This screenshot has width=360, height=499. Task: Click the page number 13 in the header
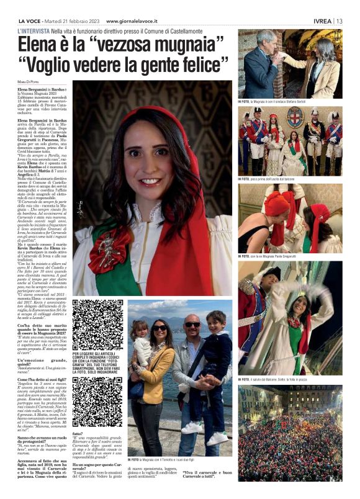coord(339,20)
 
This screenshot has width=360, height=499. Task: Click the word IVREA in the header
coord(322,20)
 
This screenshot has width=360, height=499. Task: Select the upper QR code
coord(97,324)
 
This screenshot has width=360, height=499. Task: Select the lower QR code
coord(97,403)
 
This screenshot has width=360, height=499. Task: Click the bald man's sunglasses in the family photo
coord(192,325)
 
